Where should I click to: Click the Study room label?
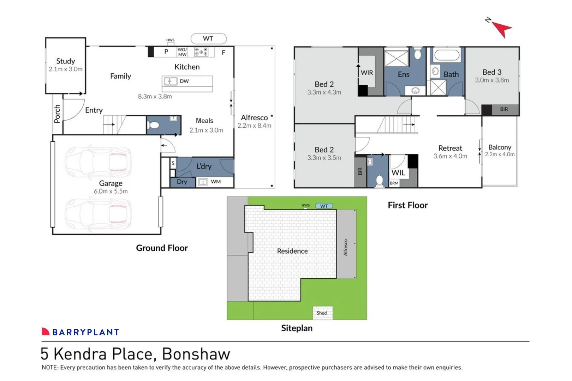click(x=66, y=61)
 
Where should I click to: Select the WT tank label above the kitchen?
click(x=208, y=38)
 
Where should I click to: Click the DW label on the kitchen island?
click(x=184, y=81)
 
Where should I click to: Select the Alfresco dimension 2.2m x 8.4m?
click(x=254, y=126)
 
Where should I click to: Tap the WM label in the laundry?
click(x=216, y=182)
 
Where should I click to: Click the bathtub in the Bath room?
click(x=447, y=55)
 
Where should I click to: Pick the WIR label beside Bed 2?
click(x=367, y=73)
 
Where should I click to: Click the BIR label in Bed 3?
click(x=504, y=109)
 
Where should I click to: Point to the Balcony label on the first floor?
click(x=500, y=147)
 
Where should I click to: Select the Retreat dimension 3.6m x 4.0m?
click(x=450, y=156)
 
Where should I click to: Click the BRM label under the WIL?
click(x=394, y=183)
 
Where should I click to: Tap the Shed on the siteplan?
click(x=322, y=313)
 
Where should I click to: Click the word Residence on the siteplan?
click(x=292, y=251)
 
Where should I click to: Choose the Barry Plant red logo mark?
click(x=46, y=332)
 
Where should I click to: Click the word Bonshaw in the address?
click(x=196, y=354)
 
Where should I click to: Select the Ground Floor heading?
click(x=162, y=248)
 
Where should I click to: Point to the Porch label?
click(x=57, y=114)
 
